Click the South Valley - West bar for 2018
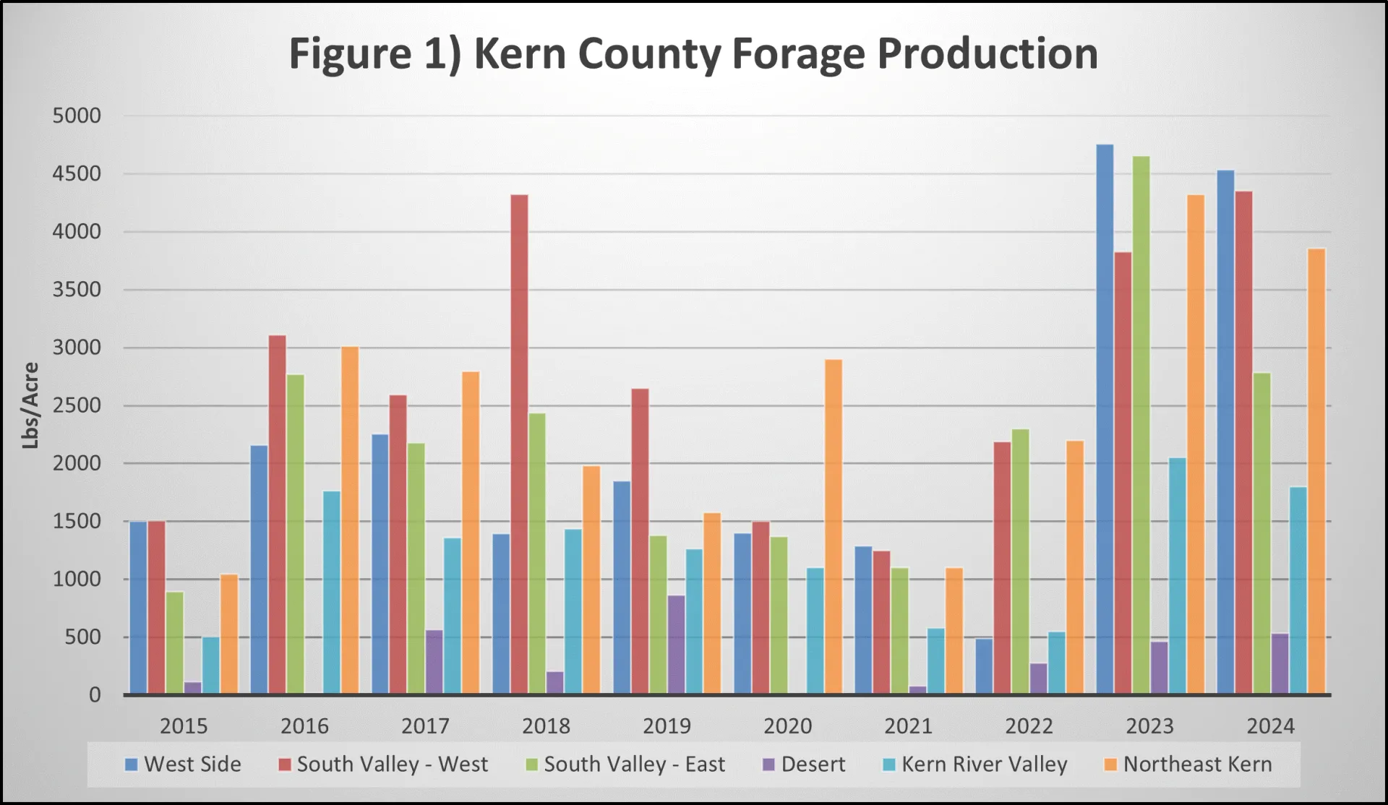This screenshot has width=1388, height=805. pos(519,444)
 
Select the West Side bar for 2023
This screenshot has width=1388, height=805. pos(1105,419)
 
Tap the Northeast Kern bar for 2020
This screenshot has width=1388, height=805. pos(834,527)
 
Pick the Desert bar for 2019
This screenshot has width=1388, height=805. pos(676,645)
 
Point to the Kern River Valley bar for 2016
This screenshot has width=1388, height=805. pos(332,593)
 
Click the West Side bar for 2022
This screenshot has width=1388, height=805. pos(984,666)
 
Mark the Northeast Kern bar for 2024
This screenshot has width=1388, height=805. pos(1316,471)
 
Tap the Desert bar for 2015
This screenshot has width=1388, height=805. pos(192,687)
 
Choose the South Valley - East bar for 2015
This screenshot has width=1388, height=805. pos(175,643)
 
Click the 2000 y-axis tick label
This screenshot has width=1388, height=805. pos(77,464)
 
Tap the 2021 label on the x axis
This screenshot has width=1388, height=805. pos(908,726)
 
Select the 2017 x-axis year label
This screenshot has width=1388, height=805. pos(425,726)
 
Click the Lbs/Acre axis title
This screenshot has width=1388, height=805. pos(30,405)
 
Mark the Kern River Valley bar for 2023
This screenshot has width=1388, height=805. pos(1177,576)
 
